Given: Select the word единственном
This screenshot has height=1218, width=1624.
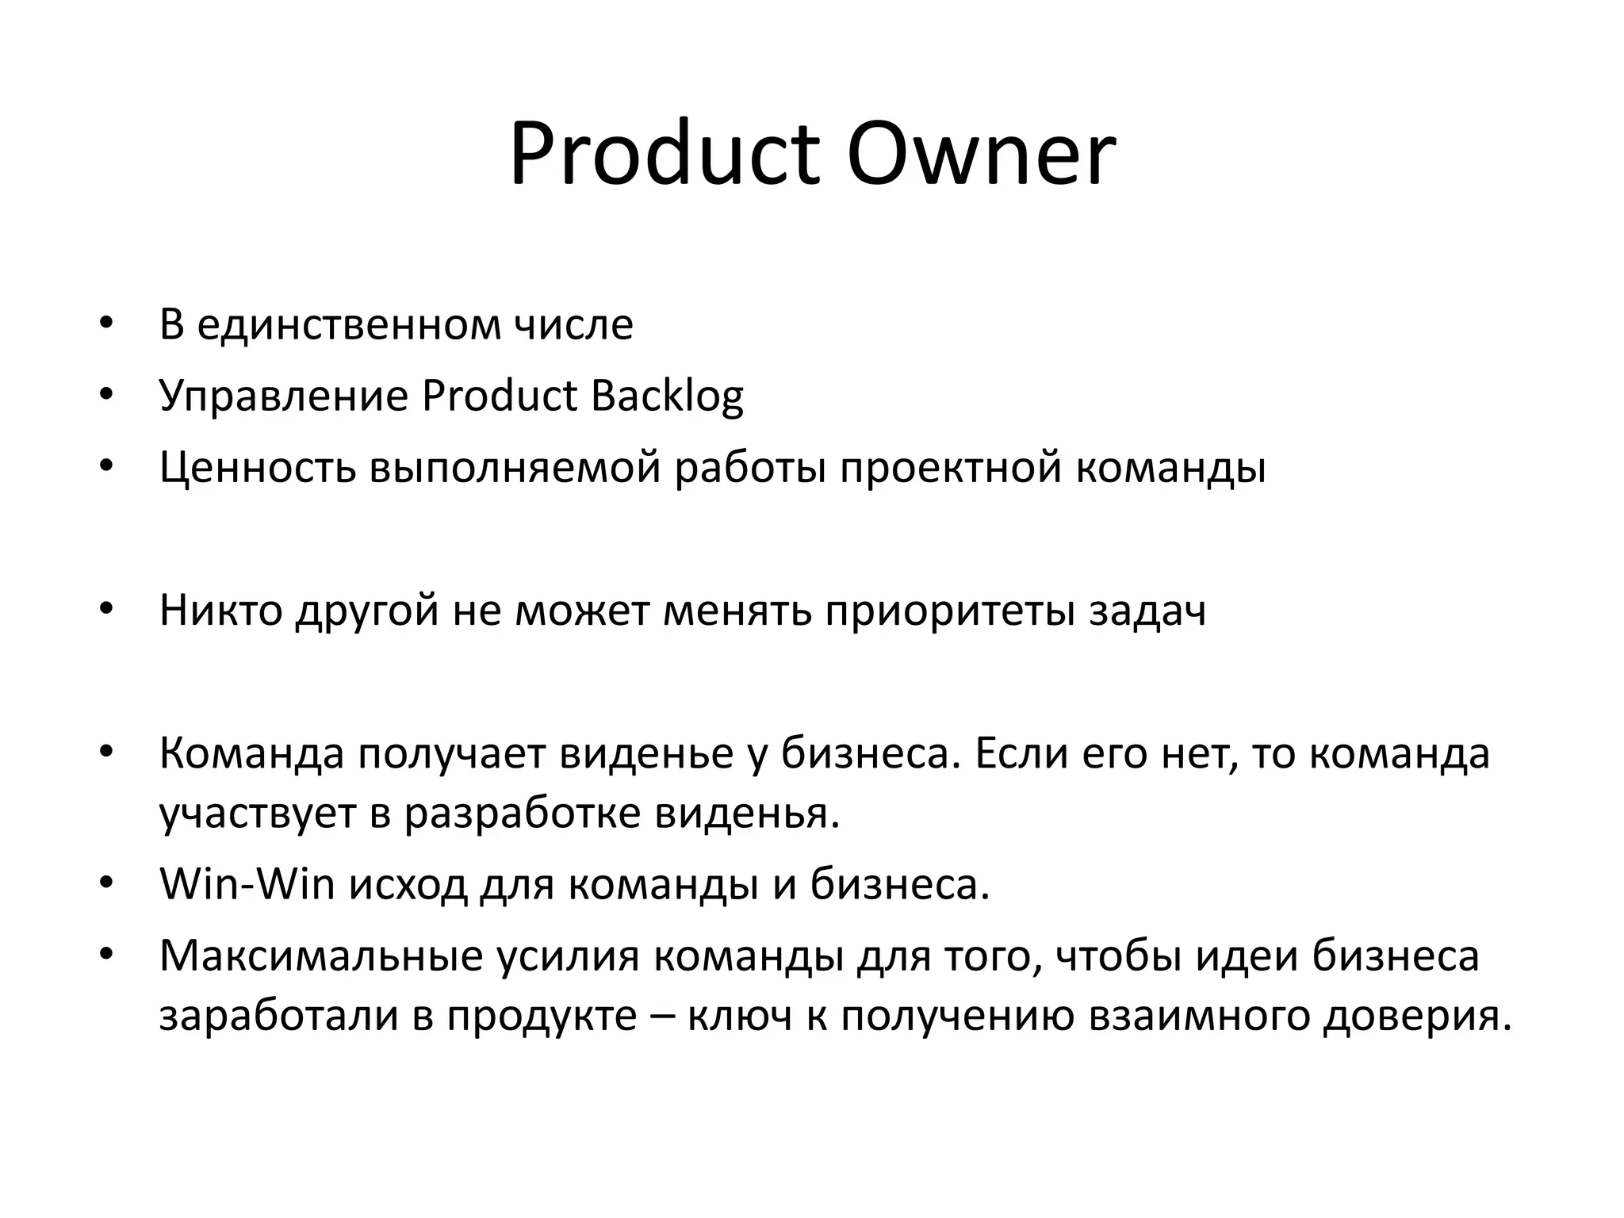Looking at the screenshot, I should pos(349,325).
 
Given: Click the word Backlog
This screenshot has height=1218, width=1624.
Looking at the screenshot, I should pos(667,396).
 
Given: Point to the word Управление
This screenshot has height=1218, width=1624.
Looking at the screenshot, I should pos(283,396).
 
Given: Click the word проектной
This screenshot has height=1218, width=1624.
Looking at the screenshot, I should pos(951,468).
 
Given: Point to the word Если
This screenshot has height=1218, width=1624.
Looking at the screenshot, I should pos(1019,754).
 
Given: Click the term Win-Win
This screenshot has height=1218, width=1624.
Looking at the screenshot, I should pos(247,885).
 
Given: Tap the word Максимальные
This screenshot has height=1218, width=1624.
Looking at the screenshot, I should pos(321,956).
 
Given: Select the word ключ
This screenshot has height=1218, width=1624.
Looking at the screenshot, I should pos(740,1017).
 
